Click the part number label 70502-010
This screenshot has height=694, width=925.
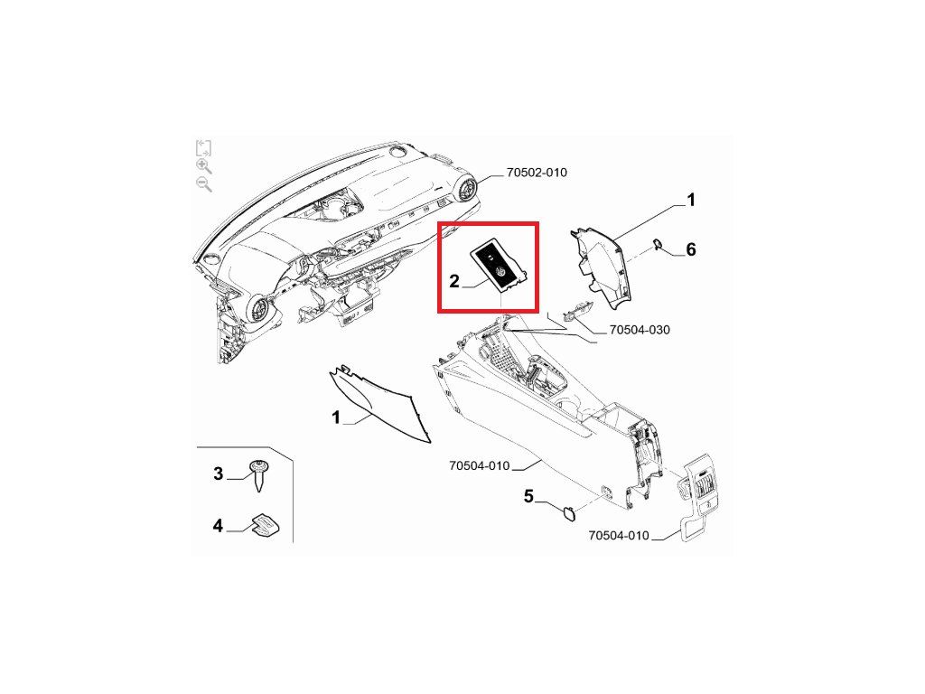click(x=537, y=173)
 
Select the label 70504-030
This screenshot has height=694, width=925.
click(x=640, y=330)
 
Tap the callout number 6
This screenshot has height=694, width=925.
click(x=691, y=249)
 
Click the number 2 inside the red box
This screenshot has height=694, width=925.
click(x=454, y=281)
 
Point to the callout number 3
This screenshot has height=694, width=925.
click(x=218, y=474)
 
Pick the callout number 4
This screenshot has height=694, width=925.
click(x=218, y=525)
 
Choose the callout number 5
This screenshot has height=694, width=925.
click(x=529, y=496)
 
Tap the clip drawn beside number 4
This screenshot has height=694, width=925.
click(x=265, y=524)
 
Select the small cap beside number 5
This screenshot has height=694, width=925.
click(x=569, y=513)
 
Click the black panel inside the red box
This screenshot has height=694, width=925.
click(x=498, y=264)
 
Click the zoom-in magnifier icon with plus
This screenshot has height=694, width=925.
click(x=204, y=166)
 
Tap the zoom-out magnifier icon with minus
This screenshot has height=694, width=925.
click(x=204, y=184)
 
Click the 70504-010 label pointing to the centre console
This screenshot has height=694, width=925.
click(x=479, y=466)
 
